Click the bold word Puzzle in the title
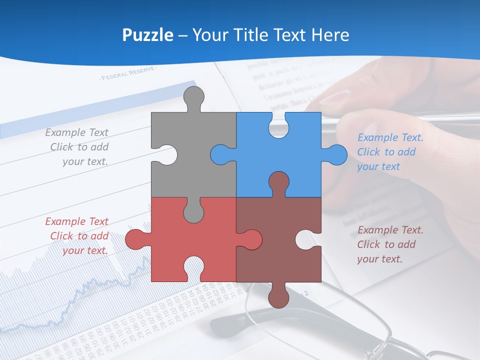coord(147,35)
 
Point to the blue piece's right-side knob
coord(335,154)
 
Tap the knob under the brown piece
coord(278,296)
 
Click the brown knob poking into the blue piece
coord(278,182)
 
